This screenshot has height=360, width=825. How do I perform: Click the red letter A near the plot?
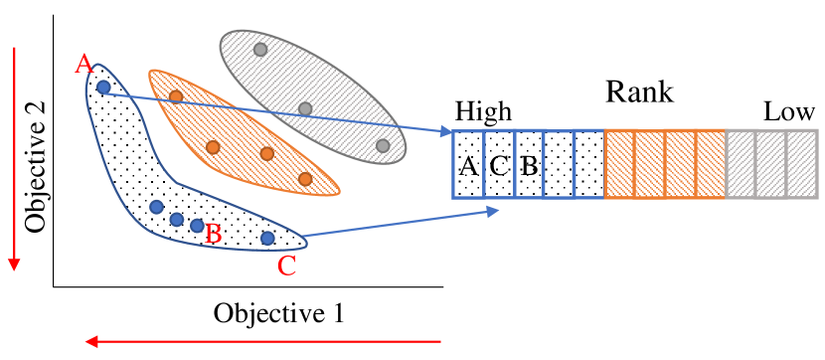pos(84,66)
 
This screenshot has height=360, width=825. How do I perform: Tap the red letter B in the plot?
pos(212,235)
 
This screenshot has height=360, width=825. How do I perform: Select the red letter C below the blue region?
pos(286,266)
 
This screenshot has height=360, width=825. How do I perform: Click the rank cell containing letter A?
pos(468,165)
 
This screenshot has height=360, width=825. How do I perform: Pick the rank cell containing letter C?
pos(499,165)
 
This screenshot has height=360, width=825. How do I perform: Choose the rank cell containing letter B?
pos(529,165)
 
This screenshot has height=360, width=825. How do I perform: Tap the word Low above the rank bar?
pos(789,112)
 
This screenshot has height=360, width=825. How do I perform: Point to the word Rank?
pos(640,93)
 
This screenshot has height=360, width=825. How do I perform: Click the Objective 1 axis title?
pos(278,313)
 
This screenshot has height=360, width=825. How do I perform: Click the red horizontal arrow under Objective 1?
pos(263,342)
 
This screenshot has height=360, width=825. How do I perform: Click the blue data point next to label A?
pos(103,88)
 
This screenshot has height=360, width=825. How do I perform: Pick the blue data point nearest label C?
pos(266,238)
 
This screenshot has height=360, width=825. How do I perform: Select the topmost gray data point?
pos(260,49)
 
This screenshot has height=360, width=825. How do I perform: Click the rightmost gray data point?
pos(383,146)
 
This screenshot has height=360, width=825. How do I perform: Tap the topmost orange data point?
pos(176,96)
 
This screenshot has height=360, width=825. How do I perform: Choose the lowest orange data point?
pos(305,179)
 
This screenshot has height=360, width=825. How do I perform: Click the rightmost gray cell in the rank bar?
pos(801,165)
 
